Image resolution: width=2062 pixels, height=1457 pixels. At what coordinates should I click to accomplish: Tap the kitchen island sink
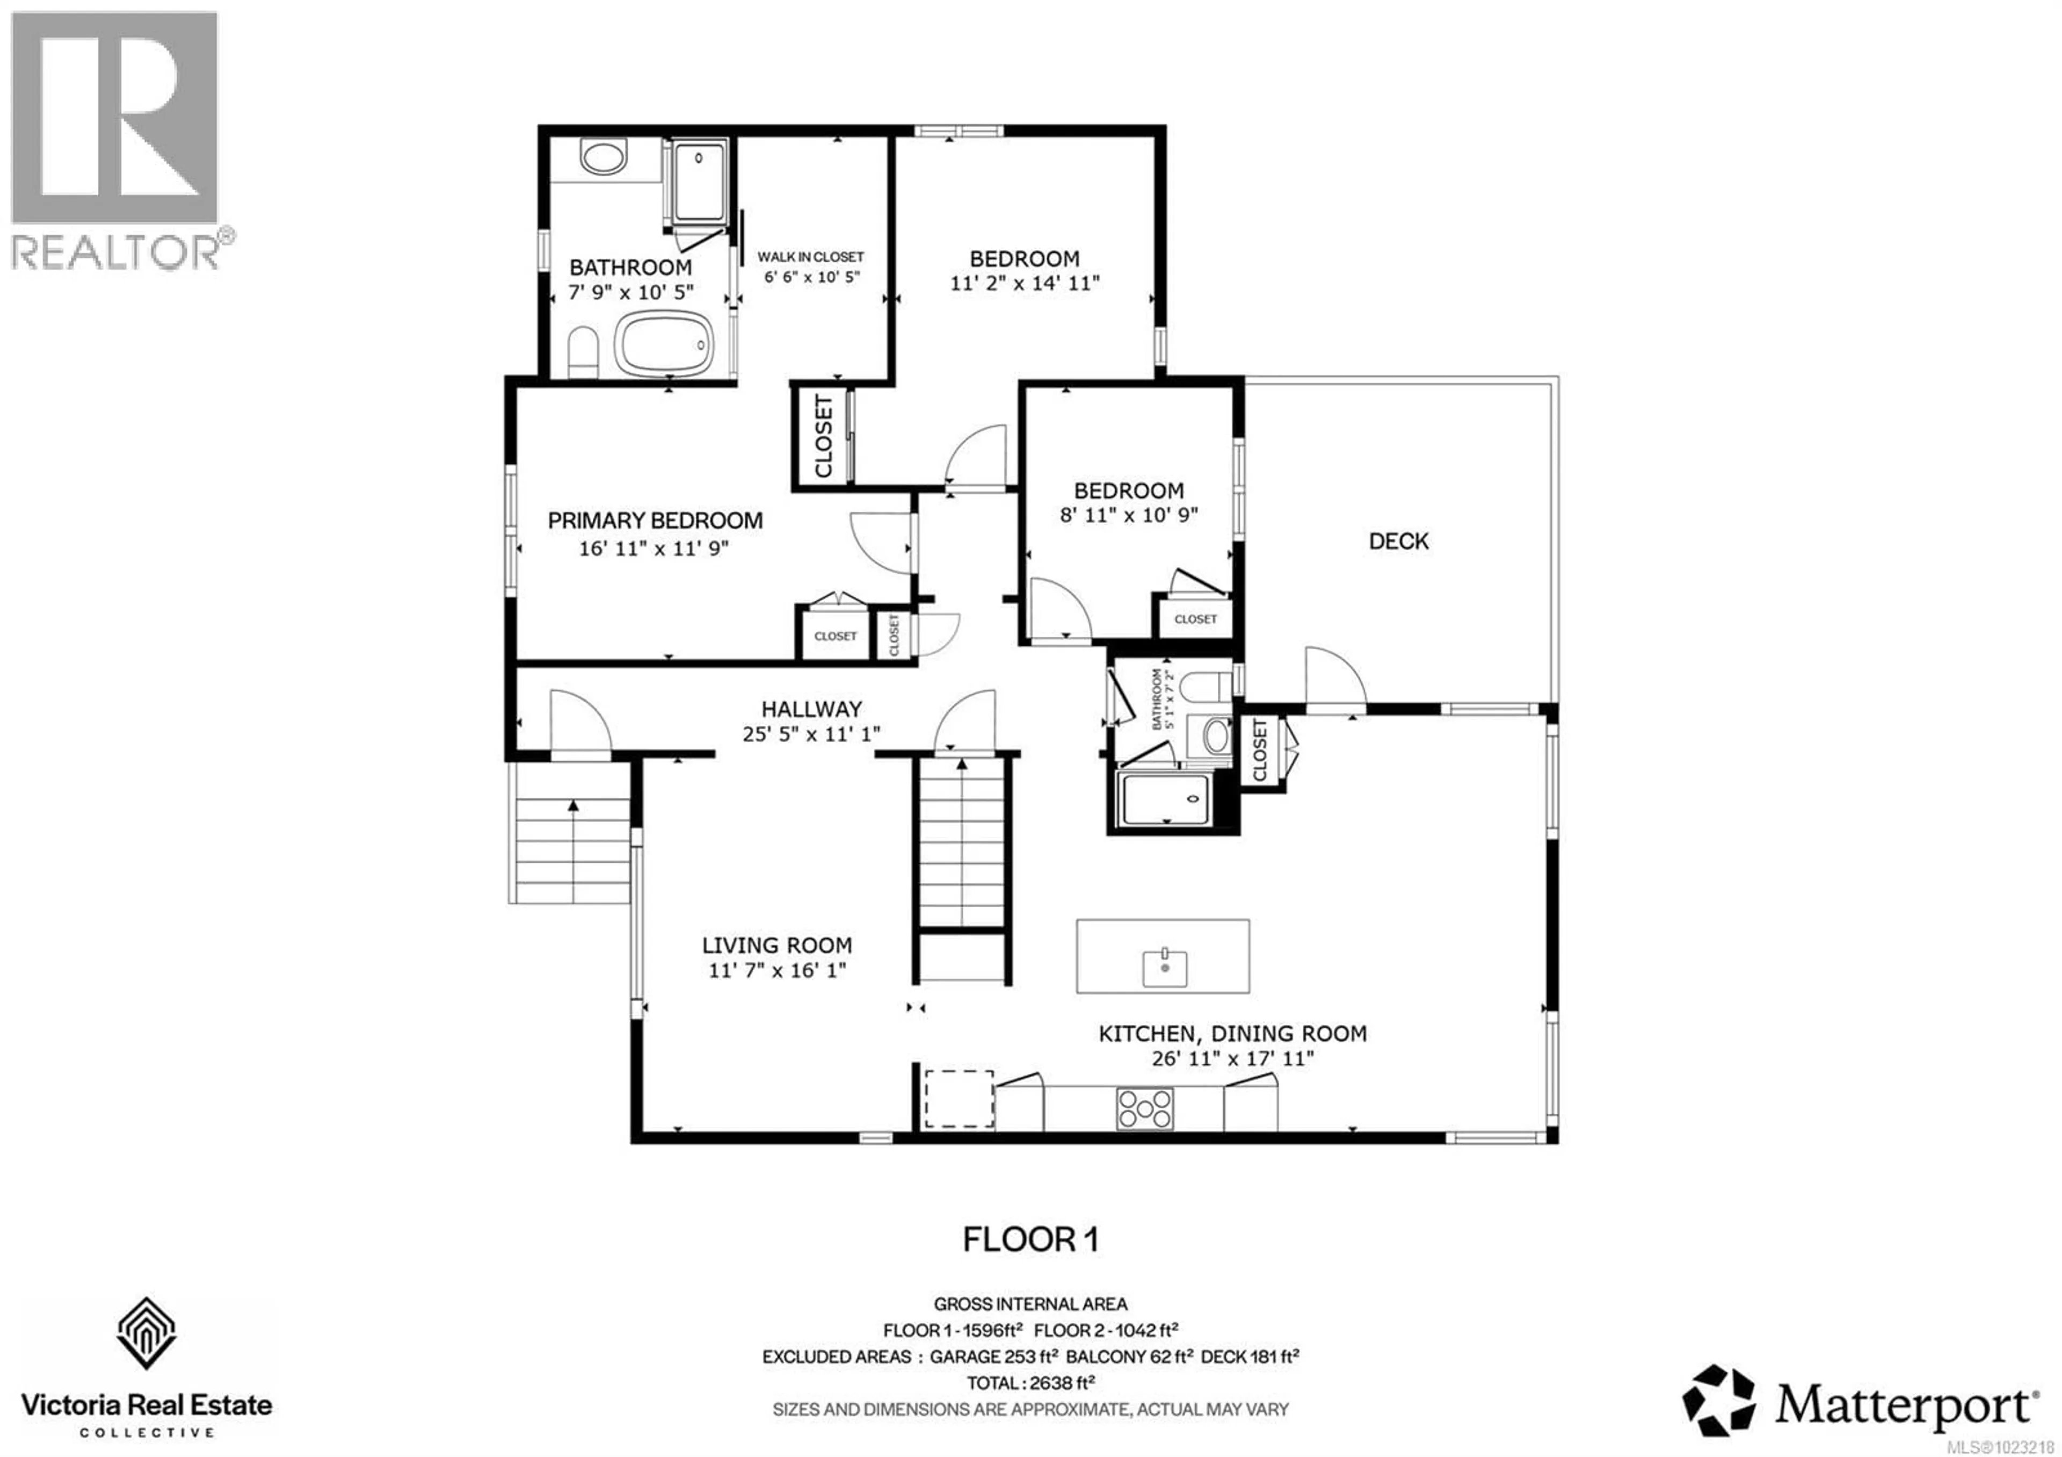(1164, 968)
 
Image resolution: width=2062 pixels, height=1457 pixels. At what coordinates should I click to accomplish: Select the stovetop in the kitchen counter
(1144, 1108)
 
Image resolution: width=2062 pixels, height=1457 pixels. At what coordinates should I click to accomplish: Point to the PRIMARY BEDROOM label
(655, 520)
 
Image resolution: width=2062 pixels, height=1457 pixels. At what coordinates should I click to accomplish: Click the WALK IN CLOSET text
(810, 257)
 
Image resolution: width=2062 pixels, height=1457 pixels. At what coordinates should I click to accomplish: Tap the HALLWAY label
(811, 709)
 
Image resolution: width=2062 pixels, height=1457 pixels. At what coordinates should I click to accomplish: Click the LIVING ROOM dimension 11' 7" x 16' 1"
(777, 970)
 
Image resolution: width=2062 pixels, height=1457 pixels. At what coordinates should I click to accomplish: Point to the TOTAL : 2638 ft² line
(1030, 1382)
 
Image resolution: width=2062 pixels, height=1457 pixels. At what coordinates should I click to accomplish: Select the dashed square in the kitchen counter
(959, 1099)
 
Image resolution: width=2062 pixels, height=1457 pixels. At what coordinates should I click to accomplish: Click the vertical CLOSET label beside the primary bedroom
(823, 437)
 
